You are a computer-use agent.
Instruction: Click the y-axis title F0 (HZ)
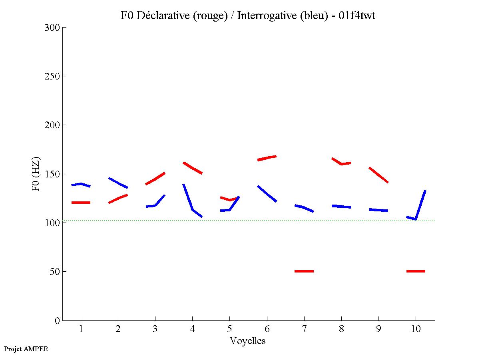point(36,174)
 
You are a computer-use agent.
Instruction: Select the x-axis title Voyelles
point(248,341)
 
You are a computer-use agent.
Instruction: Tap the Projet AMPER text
point(26,349)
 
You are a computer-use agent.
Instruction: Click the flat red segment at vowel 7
point(304,271)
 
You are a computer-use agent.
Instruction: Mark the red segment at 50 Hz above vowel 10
point(416,271)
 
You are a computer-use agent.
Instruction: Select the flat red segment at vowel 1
point(81,203)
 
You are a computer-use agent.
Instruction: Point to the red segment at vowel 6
point(267,158)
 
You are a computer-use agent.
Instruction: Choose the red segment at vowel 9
point(378,175)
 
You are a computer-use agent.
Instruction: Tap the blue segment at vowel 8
point(341,206)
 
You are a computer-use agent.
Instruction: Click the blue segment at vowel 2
point(118,183)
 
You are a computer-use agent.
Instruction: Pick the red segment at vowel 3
point(155,179)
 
